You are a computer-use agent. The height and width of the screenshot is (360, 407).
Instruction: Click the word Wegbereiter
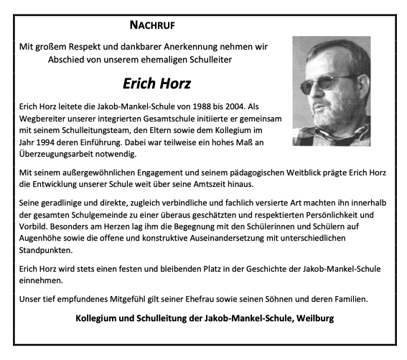point(45,118)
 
